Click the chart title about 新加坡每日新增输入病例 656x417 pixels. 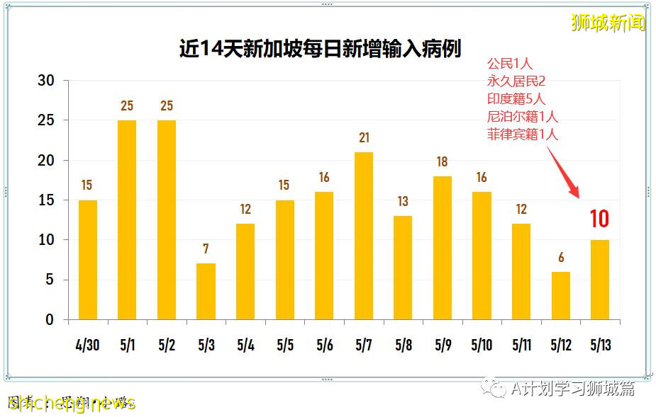pyautogui.click(x=320, y=48)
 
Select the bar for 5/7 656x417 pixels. pyautogui.click(x=364, y=236)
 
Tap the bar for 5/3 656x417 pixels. pyautogui.click(x=206, y=291)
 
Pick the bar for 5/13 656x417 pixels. pyautogui.click(x=599, y=280)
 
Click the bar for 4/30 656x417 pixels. pyautogui.click(x=87, y=259)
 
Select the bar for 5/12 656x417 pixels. pyautogui.click(x=560, y=295)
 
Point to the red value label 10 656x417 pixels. pyautogui.click(x=599, y=219)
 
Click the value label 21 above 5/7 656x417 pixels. pyautogui.click(x=364, y=137)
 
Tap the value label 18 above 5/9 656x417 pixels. pyautogui.click(x=442, y=162)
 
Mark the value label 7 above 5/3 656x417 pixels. pyautogui.click(x=206, y=249)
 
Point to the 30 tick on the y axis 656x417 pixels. pyautogui.click(x=45, y=81)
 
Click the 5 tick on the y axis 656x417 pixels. pyautogui.click(x=50, y=280)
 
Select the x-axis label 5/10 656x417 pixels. pyautogui.click(x=482, y=346)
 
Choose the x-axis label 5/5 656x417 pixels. pyautogui.click(x=285, y=346)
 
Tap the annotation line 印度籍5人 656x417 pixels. pyautogui.click(x=516, y=98)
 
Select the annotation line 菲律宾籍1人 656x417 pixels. pyautogui.click(x=522, y=134)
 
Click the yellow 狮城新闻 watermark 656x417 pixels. pyautogui.click(x=608, y=23)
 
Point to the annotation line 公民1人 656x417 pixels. pyautogui.click(x=509, y=64)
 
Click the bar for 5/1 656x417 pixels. pyautogui.click(x=127, y=219)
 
